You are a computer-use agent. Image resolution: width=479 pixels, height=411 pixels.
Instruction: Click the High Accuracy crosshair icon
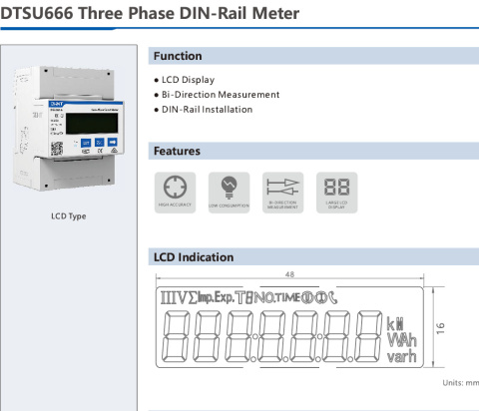[x=174, y=188]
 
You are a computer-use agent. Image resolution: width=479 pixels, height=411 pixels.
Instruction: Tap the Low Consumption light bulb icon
[x=229, y=188]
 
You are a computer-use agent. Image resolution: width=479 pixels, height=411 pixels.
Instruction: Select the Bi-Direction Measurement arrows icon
[x=282, y=188]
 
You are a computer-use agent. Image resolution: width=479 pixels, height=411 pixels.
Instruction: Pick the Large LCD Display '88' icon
[x=336, y=188]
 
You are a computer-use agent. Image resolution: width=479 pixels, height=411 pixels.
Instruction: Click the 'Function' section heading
[x=178, y=56]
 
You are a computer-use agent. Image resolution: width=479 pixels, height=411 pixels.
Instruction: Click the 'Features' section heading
[x=177, y=151]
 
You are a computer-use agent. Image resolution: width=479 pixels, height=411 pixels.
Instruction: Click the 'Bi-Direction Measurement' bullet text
[x=220, y=95]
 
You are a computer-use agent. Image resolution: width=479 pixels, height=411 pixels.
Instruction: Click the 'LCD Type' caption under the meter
[x=68, y=215]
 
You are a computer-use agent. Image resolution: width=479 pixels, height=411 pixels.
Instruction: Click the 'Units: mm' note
[x=460, y=382]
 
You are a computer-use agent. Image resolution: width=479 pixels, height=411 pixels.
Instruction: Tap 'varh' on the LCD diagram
[x=401, y=356]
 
